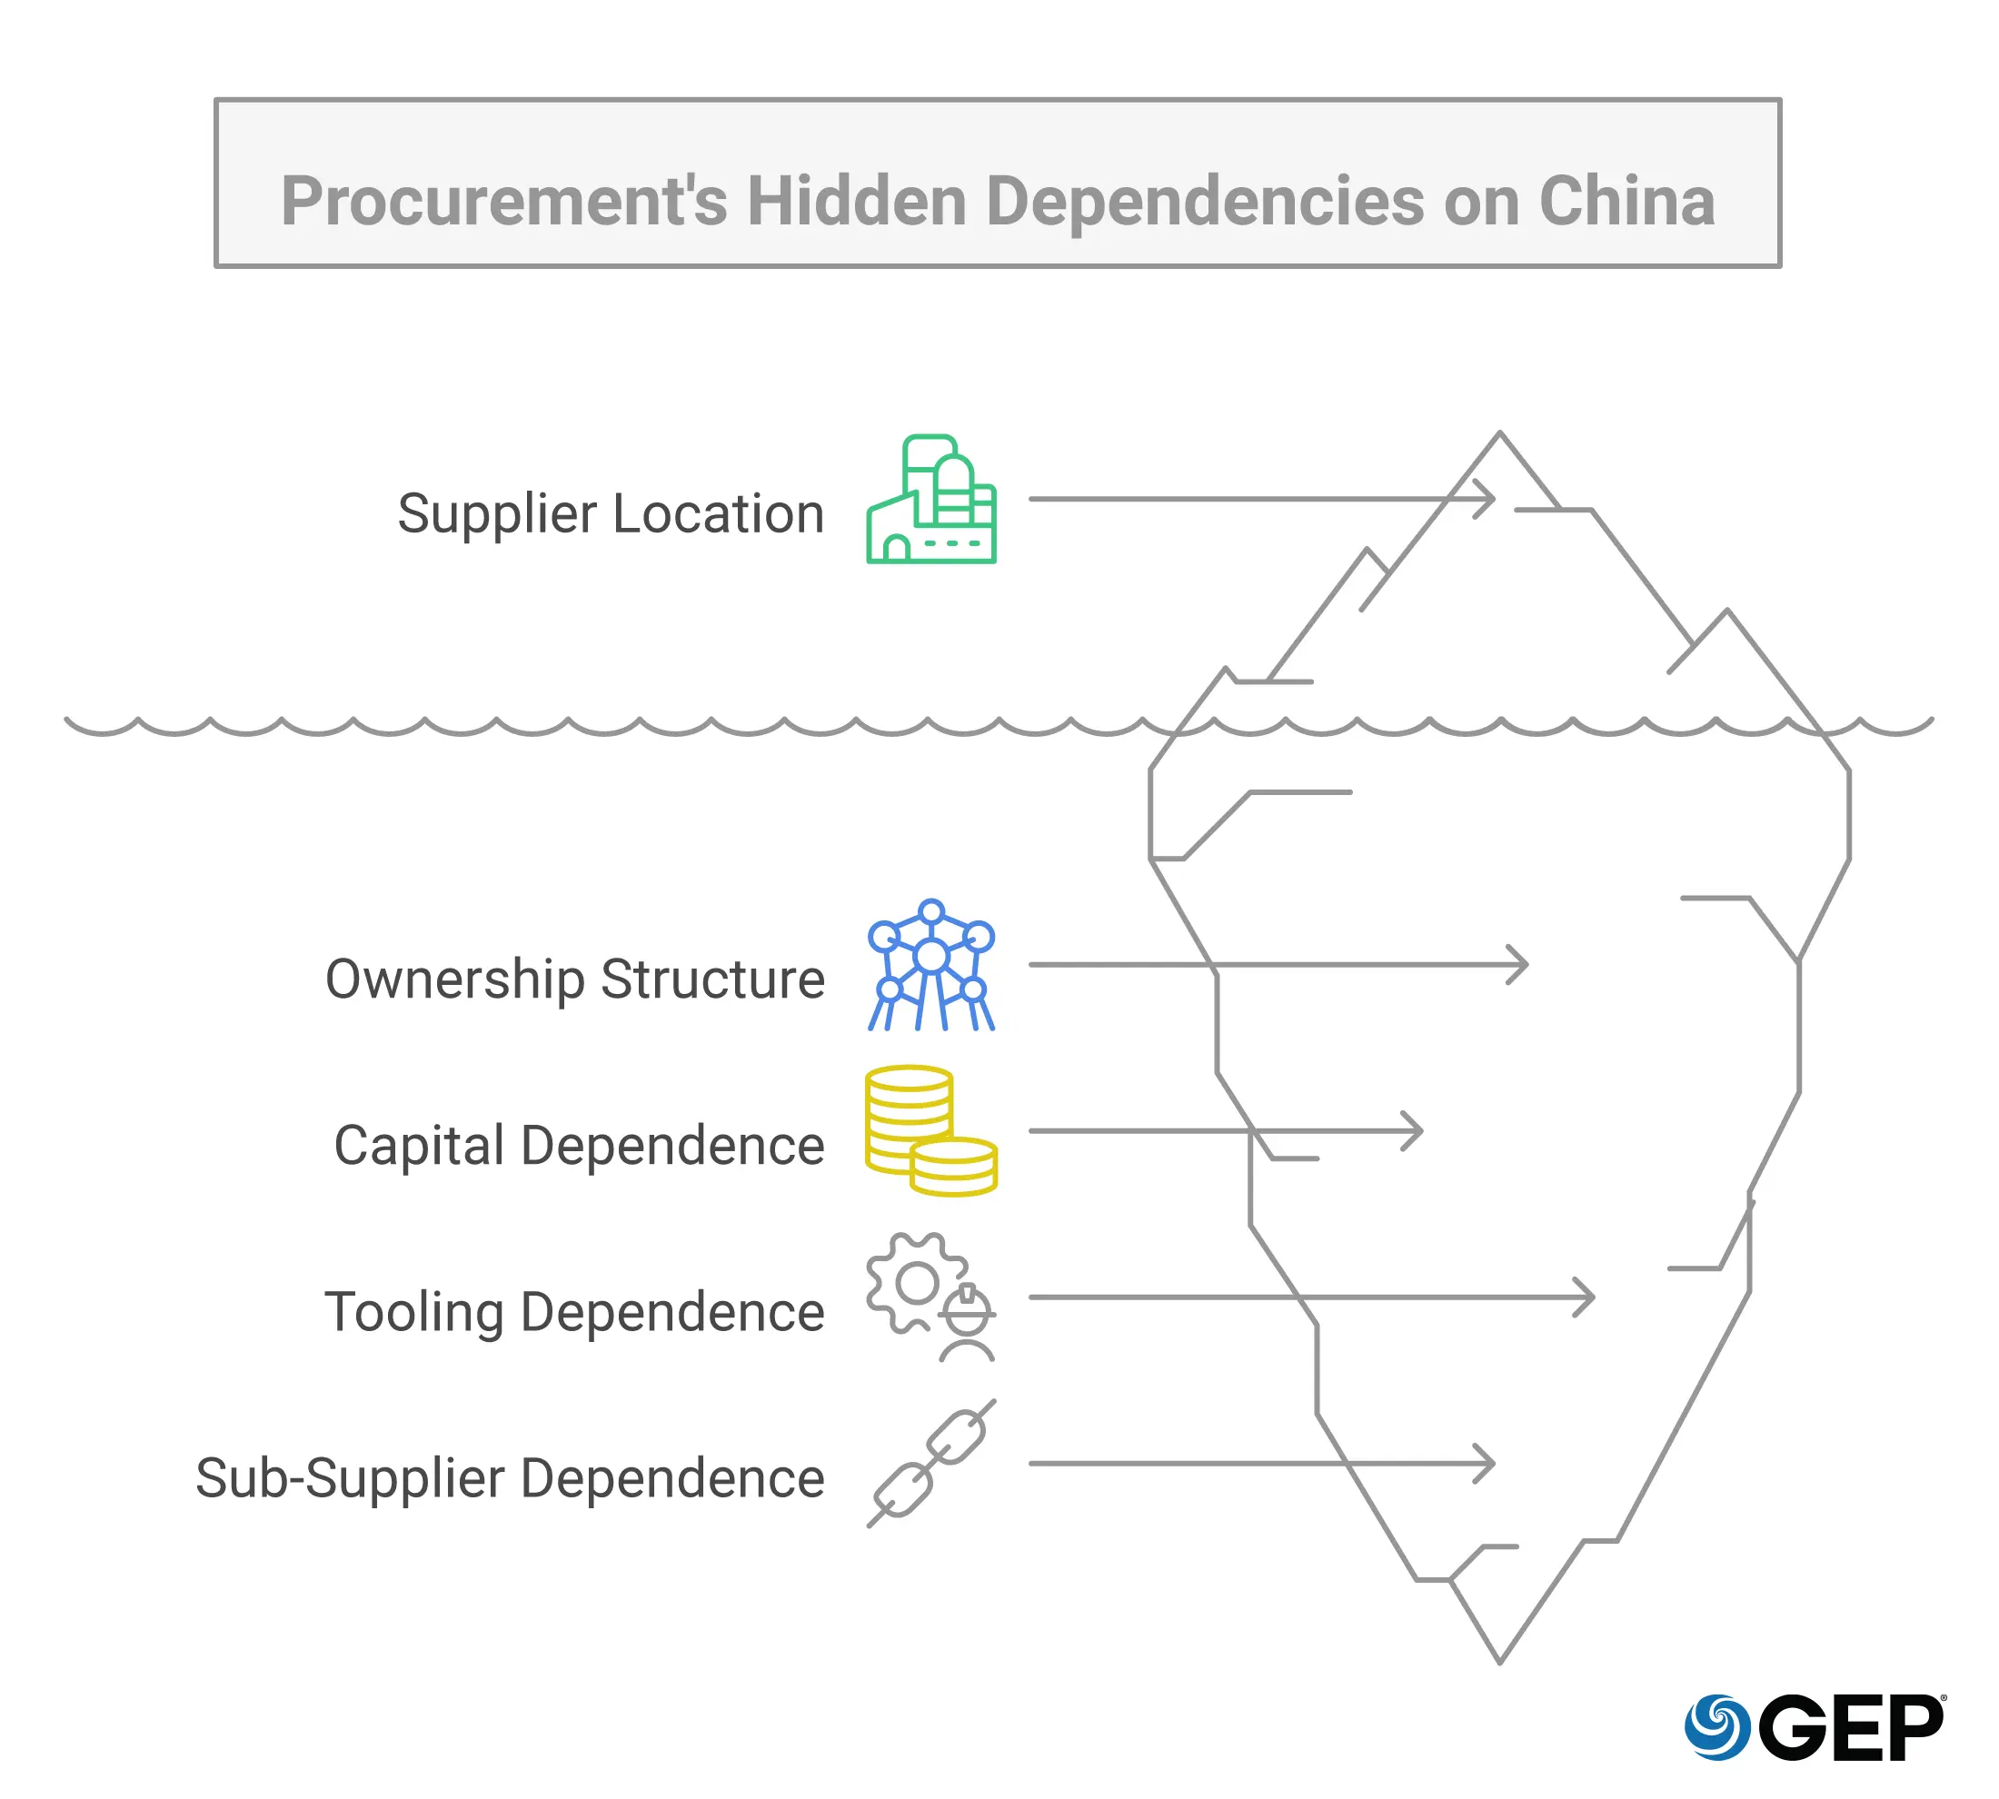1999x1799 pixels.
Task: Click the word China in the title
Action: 1626,201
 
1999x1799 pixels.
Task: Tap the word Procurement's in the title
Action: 504,201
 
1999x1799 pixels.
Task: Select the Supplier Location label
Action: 610,513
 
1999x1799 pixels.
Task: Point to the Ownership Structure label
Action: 574,979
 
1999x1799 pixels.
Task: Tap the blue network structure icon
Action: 931,966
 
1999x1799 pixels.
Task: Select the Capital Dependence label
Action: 578,1145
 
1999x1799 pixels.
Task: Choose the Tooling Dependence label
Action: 574,1312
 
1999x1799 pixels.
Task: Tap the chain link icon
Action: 931,1464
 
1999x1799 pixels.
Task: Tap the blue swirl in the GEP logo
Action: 1717,1727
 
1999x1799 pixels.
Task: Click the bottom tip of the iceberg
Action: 1500,1662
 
